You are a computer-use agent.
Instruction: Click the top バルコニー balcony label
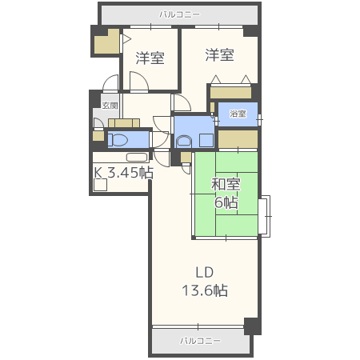click(x=179, y=14)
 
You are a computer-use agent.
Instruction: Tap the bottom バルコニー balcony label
click(x=200, y=341)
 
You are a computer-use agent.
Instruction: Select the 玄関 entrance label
click(x=110, y=106)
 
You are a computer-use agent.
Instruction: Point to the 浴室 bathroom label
click(x=238, y=114)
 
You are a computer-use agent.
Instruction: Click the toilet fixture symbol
click(x=118, y=140)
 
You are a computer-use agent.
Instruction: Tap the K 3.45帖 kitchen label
click(x=123, y=173)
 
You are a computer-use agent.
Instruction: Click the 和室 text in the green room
click(x=226, y=185)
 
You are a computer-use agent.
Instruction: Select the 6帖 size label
click(x=226, y=202)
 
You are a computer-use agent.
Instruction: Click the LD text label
click(x=205, y=273)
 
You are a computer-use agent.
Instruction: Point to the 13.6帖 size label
click(x=205, y=290)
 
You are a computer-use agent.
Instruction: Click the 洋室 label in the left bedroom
click(x=150, y=58)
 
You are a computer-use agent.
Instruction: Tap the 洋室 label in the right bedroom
click(x=219, y=54)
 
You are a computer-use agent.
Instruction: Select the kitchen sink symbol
click(x=137, y=158)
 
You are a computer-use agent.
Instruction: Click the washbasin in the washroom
click(x=183, y=142)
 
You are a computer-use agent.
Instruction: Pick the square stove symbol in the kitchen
click(x=101, y=185)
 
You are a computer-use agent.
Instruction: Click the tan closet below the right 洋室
click(x=230, y=93)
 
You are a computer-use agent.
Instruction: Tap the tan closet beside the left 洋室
click(x=106, y=42)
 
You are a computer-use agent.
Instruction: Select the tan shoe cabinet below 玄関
click(x=124, y=123)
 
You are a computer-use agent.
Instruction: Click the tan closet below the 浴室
click(x=238, y=138)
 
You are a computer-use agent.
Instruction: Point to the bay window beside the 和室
click(x=264, y=216)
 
